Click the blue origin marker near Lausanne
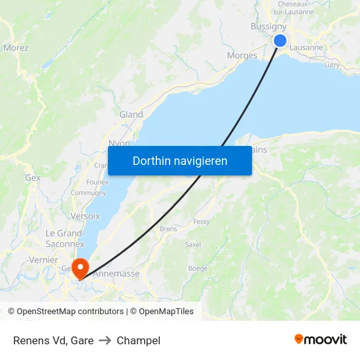280,41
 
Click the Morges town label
242,56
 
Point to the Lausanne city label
306,48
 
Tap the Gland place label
131,115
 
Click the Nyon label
118,143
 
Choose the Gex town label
33,177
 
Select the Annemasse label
117,274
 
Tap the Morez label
16,48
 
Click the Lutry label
332,65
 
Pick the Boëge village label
198,268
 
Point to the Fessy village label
202,222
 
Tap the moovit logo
321,339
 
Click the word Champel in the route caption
138,340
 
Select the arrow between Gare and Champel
105,340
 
